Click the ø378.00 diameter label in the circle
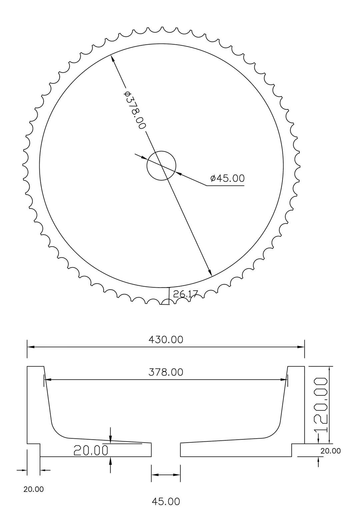pos(135,110)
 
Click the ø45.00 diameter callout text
pos(227,178)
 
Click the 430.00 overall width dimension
pos(166,340)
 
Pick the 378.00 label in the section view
pos(166,372)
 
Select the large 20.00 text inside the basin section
pos(91,450)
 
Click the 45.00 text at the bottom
pos(166,501)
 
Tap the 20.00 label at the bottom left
pos(33,489)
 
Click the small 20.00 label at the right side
pos(330,451)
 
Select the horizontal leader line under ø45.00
pos(225,185)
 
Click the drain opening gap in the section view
pos(166,450)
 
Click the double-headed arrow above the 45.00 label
pos(166,475)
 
